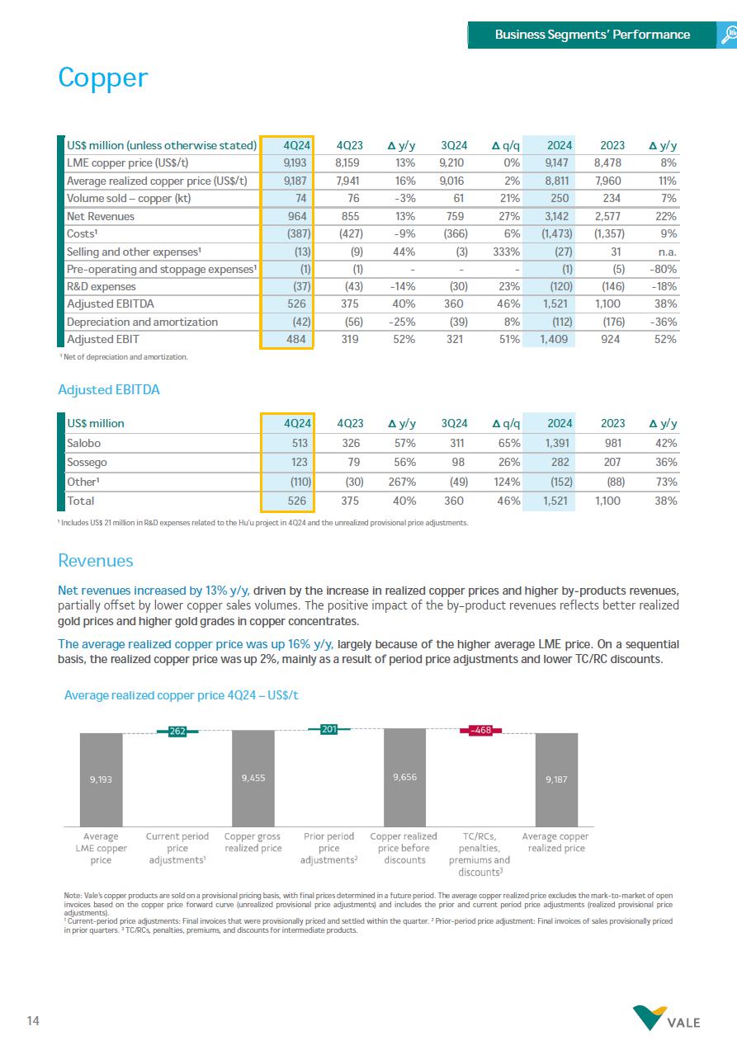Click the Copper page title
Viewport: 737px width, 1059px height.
[102, 78]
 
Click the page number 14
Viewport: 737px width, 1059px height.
[34, 1021]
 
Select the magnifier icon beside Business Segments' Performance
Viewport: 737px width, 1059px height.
[728, 35]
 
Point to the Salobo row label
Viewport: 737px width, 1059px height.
[83, 443]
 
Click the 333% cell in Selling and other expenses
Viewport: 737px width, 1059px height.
[505, 252]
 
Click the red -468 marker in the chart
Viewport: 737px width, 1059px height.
[480, 730]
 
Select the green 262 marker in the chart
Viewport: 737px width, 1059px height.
[177, 730]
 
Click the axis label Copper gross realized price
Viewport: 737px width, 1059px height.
[253, 842]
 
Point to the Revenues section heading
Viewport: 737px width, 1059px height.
[95, 561]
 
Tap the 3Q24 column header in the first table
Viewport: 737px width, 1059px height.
[454, 145]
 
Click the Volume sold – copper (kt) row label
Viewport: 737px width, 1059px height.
[128, 198]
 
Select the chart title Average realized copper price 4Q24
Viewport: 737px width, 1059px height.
[181, 695]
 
